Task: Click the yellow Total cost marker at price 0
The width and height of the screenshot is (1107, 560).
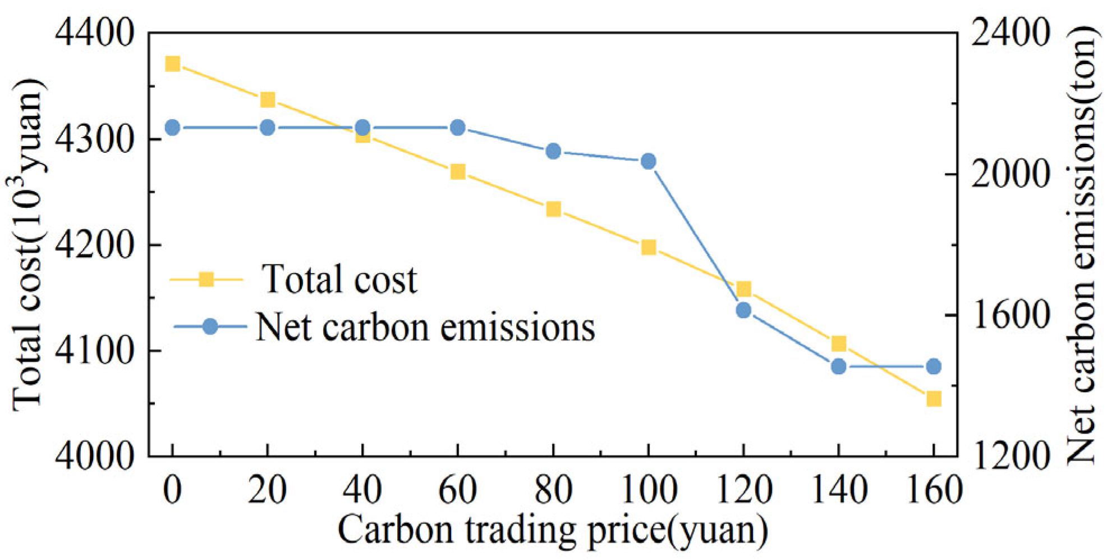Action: pyautogui.click(x=172, y=64)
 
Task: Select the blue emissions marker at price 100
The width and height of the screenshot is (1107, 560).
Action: pyautogui.click(x=648, y=162)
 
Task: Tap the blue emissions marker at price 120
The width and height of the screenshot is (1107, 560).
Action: pyautogui.click(x=743, y=310)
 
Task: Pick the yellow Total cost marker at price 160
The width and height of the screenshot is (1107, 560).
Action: pyautogui.click(x=934, y=399)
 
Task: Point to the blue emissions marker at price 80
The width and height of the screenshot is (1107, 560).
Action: pyautogui.click(x=553, y=151)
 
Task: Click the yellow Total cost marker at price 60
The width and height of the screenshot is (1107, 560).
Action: pyautogui.click(x=458, y=172)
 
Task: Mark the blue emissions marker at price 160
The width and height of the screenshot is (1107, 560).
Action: pyautogui.click(x=934, y=366)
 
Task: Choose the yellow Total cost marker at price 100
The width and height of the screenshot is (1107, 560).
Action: pyautogui.click(x=648, y=247)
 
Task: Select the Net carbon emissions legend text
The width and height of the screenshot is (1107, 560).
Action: pyautogui.click(x=425, y=327)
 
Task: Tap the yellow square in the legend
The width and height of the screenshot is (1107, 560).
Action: pyautogui.click(x=206, y=279)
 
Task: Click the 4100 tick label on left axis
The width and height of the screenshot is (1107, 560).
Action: pyautogui.click(x=94, y=352)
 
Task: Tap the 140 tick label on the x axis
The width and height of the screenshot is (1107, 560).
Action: pyautogui.click(x=838, y=490)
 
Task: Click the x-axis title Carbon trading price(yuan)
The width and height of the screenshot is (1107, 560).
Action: pyautogui.click(x=553, y=530)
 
